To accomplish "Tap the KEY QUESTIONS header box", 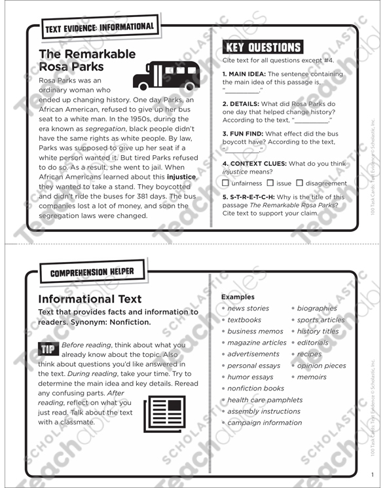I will pyautogui.click(x=262, y=47).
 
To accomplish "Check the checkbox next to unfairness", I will pyautogui.click(x=226, y=183).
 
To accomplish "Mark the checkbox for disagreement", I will pyautogui.click(x=300, y=183).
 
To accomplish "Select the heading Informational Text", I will pyautogui.click(x=90, y=299).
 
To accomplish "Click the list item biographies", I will pyautogui.click(x=317, y=309).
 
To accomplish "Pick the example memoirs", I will pyautogui.click(x=312, y=377).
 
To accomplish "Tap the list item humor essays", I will pyautogui.click(x=250, y=377).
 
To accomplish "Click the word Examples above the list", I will pyautogui.click(x=237, y=297).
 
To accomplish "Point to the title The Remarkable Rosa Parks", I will pyautogui.click(x=86, y=60).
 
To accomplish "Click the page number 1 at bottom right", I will pyautogui.click(x=371, y=476).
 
